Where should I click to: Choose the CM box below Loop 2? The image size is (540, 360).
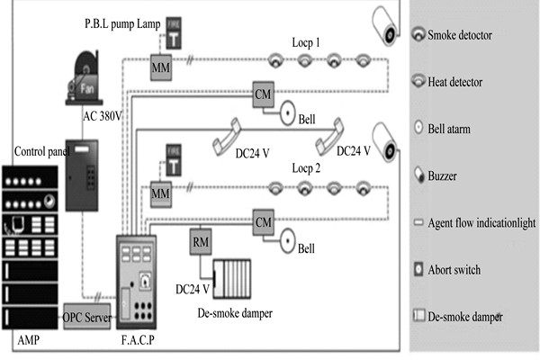[263, 220]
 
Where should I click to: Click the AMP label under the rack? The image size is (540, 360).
[29, 344]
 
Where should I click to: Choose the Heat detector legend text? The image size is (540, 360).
[463, 81]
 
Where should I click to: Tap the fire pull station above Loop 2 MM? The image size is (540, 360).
[166, 159]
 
